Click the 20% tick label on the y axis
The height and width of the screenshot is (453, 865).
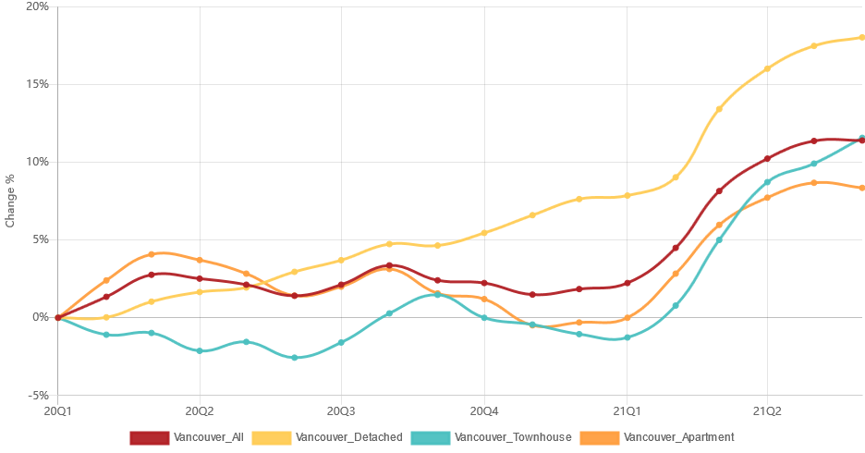37,6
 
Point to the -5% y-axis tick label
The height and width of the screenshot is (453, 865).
37,396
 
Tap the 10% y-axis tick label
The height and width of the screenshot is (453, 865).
37,162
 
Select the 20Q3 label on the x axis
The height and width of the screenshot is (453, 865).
341,411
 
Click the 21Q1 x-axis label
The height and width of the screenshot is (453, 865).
627,411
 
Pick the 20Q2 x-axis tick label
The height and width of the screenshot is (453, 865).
199,411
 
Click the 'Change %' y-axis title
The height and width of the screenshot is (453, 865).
10,201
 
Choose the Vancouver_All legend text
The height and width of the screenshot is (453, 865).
209,437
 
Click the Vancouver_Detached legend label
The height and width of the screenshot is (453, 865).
349,437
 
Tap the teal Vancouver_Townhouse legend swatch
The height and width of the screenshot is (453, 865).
431,438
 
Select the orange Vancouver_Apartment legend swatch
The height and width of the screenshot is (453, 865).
600,438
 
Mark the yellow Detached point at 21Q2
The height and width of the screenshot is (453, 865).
767,69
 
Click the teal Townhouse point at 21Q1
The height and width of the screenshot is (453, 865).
627,337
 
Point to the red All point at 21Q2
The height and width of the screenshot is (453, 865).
767,159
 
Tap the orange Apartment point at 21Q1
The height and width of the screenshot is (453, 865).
627,318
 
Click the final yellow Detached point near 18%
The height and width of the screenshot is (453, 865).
861,38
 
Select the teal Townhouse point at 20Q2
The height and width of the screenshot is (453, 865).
200,351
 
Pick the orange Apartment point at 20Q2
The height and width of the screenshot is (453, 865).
200,261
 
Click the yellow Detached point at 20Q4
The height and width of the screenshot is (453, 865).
484,233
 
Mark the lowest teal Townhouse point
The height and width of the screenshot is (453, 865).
294,358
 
